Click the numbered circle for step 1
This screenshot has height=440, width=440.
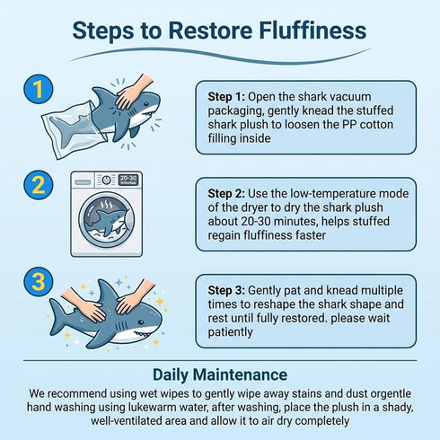pos(39,89)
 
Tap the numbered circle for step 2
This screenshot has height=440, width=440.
pos(39,185)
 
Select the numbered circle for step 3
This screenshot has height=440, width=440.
pos(39,282)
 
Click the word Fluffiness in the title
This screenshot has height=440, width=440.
pos(312,31)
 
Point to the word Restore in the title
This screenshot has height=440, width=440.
pos(210,31)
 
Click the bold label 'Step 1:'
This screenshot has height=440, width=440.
pos(226,97)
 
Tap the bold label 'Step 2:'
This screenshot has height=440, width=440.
pos(226,194)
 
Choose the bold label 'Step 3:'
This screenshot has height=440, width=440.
pos(226,290)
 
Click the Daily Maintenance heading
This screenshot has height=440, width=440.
pos(220,374)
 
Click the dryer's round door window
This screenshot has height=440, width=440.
pos(107,220)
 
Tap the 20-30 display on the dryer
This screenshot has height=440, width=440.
pos(128,180)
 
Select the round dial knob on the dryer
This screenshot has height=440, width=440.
pos(107,180)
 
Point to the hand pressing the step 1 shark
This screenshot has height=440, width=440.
pos(132,92)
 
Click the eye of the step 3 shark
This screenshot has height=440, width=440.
pos(141,322)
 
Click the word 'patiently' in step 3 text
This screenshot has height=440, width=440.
pos(230,332)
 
